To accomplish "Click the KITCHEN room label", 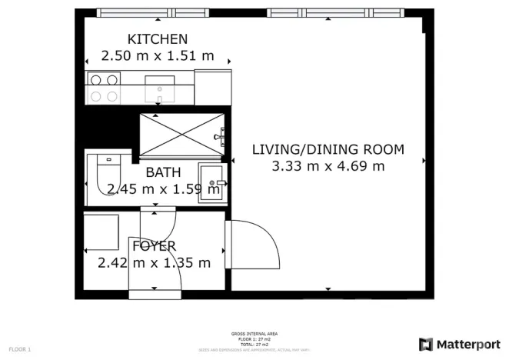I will click(157, 39).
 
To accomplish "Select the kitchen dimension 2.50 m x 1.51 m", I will click(157, 56).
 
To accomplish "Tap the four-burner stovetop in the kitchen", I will click(104, 87).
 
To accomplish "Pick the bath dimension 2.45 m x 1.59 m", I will click(151, 189).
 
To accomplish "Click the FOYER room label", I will click(154, 246).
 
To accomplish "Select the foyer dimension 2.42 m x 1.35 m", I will click(154, 263).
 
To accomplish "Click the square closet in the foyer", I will click(101, 231).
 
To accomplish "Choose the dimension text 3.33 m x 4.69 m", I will click(328, 166).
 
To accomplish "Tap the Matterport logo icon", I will click(425, 344).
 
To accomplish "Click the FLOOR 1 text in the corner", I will click(20, 350).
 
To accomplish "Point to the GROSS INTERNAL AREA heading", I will click(254, 333).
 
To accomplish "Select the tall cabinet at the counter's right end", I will click(212, 87).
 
